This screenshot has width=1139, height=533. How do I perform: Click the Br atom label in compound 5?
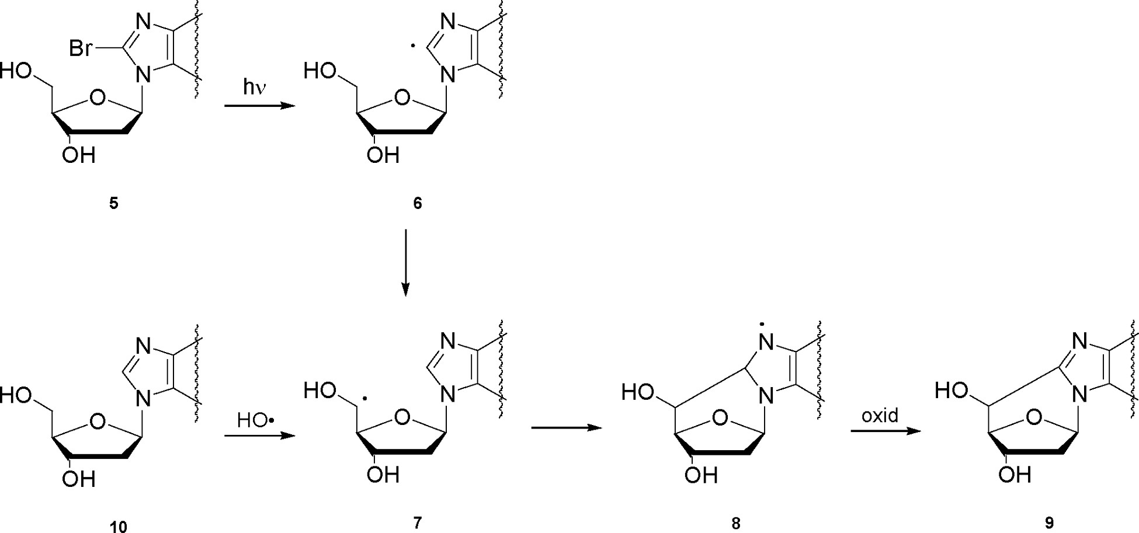[80, 48]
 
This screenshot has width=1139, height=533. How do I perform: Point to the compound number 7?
[417, 522]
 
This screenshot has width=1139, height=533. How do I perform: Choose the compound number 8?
[736, 524]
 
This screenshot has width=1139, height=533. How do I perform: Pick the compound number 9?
[1049, 524]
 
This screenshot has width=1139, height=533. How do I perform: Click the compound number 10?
[118, 527]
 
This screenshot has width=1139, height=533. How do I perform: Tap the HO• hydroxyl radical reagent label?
[255, 420]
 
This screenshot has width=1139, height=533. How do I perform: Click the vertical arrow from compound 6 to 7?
[405, 263]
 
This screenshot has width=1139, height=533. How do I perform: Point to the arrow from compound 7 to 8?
[566, 427]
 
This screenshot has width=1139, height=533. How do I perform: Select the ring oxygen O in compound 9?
[1034, 417]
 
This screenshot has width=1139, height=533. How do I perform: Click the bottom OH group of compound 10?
[79, 479]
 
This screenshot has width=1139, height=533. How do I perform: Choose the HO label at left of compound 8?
[637, 391]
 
